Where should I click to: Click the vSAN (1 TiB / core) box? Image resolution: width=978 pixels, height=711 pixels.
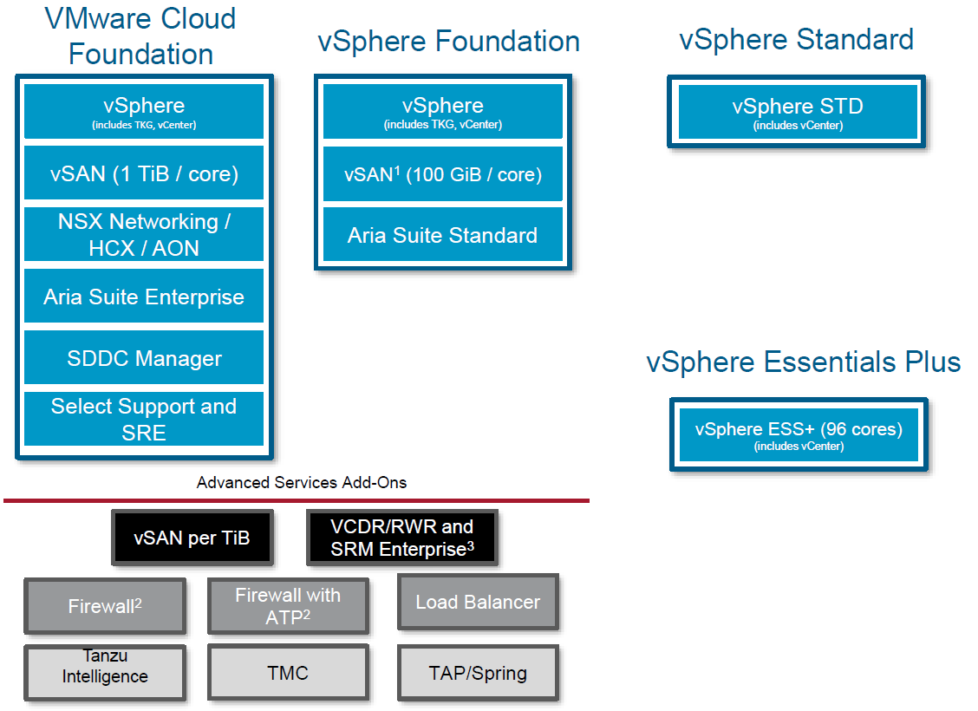(144, 173)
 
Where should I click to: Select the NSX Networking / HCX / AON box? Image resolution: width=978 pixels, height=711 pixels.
(144, 234)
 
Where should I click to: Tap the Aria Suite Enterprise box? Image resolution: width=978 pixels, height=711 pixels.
(144, 297)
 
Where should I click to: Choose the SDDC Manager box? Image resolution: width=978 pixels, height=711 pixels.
(144, 358)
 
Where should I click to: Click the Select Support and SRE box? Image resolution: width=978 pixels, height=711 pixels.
(144, 419)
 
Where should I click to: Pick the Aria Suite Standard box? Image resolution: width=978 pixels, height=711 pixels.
(443, 235)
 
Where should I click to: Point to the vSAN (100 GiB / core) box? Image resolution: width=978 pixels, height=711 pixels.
(443, 174)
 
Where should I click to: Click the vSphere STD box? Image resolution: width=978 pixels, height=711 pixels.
(797, 112)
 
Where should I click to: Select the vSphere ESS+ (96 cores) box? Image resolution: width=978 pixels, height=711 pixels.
(799, 434)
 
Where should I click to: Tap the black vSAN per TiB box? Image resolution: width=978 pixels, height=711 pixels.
(192, 538)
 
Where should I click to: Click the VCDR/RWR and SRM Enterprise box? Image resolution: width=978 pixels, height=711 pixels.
(402, 538)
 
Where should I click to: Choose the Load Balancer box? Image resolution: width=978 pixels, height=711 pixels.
(478, 603)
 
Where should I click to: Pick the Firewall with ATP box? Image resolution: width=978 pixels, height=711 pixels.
(288, 605)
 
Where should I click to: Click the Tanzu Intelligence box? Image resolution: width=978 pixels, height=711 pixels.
(105, 672)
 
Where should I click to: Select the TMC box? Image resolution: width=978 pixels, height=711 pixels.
(288, 673)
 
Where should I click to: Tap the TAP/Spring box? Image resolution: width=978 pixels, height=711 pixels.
(478, 673)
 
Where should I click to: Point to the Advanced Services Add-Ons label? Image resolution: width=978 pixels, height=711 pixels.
(302, 482)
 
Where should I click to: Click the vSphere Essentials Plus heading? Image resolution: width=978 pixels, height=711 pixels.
(803, 362)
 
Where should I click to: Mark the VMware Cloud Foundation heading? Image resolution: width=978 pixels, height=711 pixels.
(140, 36)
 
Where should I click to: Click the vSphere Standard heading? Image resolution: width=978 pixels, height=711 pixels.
(796, 39)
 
